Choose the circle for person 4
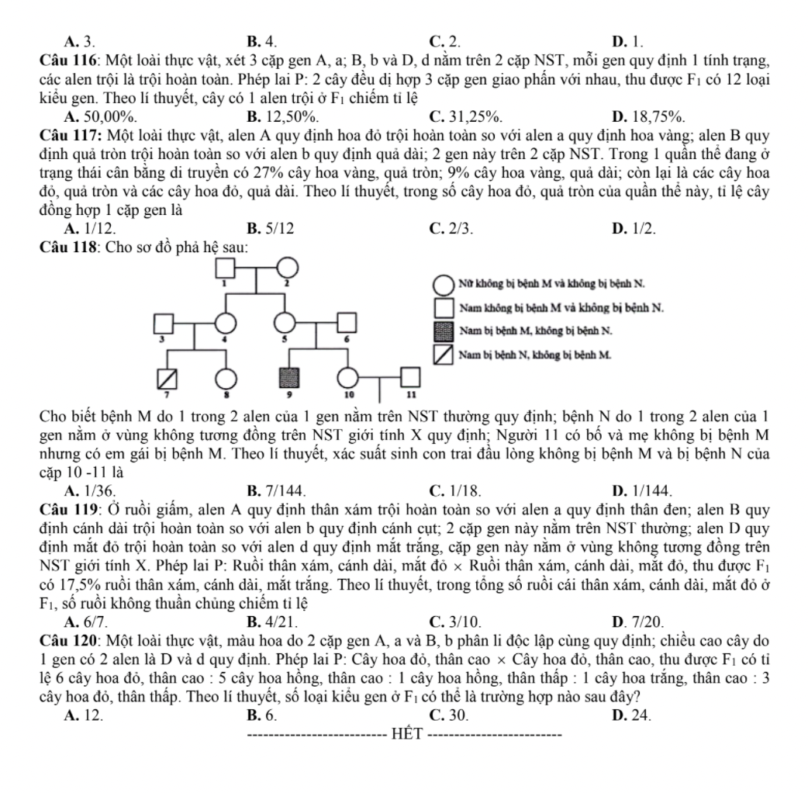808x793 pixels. pos(226,323)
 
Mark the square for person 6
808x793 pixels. pos(347,323)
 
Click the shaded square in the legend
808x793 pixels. pos(444,331)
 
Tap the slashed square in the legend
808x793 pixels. pos(444,355)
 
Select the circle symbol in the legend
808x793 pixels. pos(444,284)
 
